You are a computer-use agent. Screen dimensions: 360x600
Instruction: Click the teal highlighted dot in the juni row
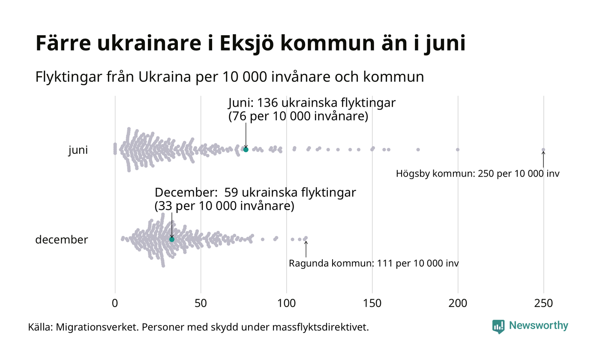[246, 150]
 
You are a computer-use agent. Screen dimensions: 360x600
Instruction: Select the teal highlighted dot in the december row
[172, 239]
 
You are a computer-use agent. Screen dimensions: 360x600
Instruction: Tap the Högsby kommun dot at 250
[543, 150]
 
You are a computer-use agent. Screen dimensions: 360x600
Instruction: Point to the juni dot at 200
[458, 150]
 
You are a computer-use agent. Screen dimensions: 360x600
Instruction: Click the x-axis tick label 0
[115, 303]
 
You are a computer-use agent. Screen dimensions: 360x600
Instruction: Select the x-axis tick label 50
[201, 303]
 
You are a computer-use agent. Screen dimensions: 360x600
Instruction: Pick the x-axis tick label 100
[286, 303]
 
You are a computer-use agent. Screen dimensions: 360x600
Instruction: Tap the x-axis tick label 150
[372, 303]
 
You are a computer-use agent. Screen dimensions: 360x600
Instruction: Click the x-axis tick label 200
[458, 303]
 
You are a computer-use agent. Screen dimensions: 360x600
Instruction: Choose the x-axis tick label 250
[543, 303]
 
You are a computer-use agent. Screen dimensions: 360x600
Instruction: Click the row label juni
[78, 150]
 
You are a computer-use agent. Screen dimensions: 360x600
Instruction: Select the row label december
[61, 240]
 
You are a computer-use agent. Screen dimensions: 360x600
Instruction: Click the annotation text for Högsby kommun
[477, 174]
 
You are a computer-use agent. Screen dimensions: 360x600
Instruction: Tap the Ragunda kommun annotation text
[374, 263]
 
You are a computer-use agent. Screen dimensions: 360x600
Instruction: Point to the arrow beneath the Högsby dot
[543, 159]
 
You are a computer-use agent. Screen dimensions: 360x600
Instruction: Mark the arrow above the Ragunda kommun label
[306, 249]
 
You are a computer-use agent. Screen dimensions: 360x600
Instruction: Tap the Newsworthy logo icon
[498, 327]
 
